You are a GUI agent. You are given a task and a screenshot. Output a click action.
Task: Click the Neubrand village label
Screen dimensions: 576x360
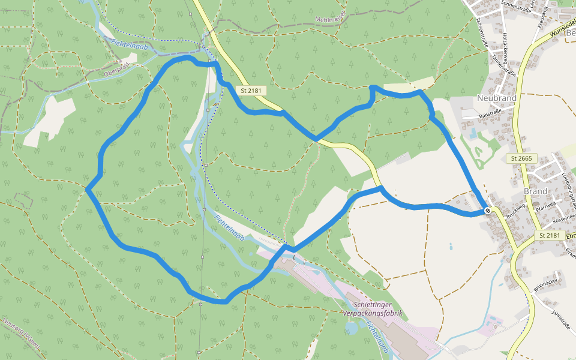coord(496,97)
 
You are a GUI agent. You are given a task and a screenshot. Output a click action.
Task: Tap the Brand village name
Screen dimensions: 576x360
coord(535,191)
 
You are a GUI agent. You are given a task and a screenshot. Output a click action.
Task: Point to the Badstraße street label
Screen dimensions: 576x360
coord(490,112)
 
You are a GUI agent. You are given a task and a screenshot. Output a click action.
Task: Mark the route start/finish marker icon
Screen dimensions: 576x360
coord(488,210)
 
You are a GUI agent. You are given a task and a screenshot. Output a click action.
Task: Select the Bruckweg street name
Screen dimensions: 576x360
coord(515,210)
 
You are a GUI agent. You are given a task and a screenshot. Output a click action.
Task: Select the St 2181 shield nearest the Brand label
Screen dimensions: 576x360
coord(550,235)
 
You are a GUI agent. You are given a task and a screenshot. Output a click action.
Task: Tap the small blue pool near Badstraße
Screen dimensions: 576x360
coord(473,132)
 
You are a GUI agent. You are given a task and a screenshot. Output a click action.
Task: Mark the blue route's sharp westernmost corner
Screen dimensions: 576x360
coord(88,190)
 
